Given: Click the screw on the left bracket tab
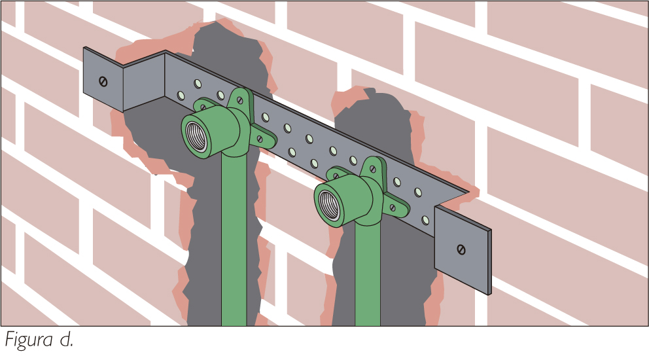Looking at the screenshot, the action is [103, 82].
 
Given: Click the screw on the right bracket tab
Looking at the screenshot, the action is [461, 249].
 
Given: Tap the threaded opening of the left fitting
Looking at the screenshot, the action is [196, 137].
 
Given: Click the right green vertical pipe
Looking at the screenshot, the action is [368, 274].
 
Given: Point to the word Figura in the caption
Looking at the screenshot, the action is [29, 340].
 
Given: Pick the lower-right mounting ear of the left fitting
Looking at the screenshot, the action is [261, 138].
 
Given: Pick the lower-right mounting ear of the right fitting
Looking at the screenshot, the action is [394, 207].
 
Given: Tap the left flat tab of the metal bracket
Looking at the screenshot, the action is [103, 80].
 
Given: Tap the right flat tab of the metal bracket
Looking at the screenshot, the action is [463, 250].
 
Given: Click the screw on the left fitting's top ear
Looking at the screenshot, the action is [239, 99].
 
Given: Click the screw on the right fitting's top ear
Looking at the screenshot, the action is [372, 169].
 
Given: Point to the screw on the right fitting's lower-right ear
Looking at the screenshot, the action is [393, 207].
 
